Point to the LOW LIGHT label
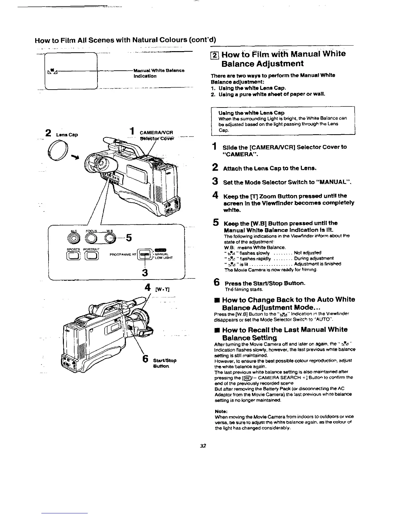click(163, 258)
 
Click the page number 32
click(203, 446)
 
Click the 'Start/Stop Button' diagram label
click(165, 363)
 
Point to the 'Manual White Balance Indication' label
click(159, 73)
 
